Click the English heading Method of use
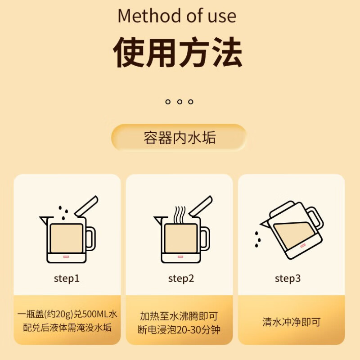[177, 16]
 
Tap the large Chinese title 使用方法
[178, 53]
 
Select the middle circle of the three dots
[180, 102]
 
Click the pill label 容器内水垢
[180, 138]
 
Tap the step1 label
[67, 279]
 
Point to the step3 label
[288, 279]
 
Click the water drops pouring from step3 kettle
[257, 239]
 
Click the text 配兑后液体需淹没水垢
[67, 327]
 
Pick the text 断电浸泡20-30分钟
[179, 329]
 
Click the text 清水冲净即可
[291, 322]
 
